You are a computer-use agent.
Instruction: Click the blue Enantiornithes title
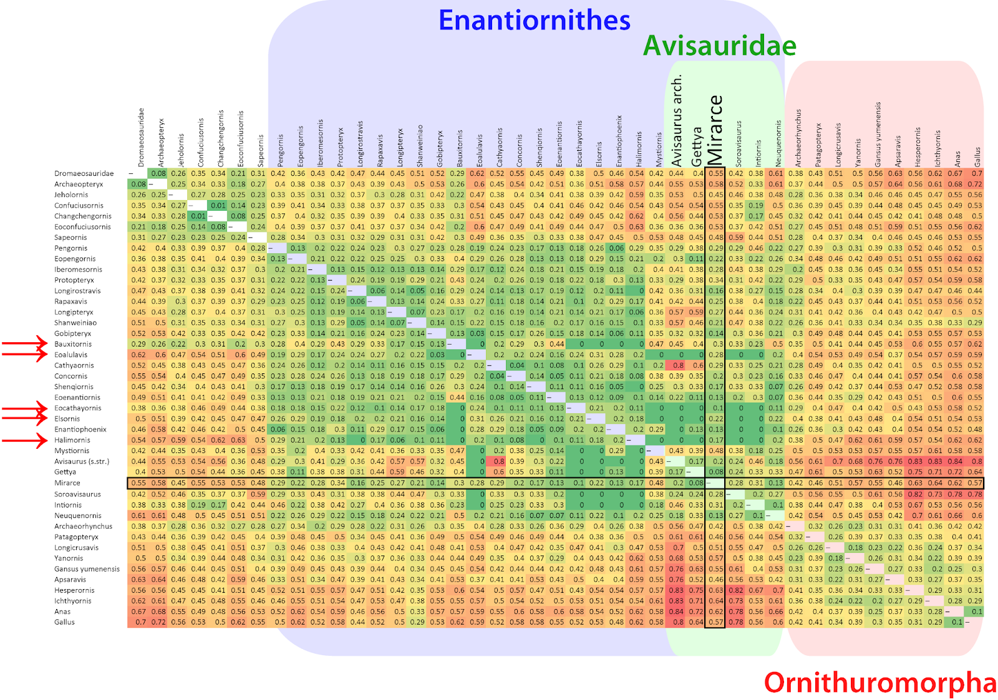click(535, 21)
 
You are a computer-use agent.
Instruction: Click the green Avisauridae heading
click(719, 46)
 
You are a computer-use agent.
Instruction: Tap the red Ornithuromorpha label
click(880, 683)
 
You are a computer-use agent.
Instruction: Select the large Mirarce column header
click(715, 130)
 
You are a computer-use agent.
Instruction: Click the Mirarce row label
click(67, 483)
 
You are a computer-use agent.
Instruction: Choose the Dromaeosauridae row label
click(84, 173)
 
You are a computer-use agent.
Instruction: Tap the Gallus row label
click(64, 622)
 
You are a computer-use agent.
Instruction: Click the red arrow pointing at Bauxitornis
click(25, 343)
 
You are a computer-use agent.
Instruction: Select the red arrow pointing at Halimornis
click(25, 440)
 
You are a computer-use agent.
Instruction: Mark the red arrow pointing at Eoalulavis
click(25, 354)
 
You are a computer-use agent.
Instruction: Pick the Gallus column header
click(977, 156)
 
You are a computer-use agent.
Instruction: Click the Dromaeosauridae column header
click(141, 137)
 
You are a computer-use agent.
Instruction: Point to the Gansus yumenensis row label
click(87, 569)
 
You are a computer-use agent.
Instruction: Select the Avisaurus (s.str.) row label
click(82, 462)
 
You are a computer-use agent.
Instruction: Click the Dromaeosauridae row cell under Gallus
click(976, 173)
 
